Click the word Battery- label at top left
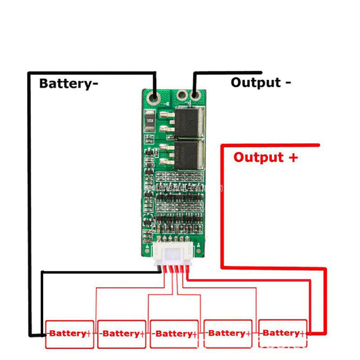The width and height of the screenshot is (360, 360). point(68,83)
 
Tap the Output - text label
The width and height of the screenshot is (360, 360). point(261,82)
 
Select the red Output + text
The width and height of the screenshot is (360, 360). point(265,157)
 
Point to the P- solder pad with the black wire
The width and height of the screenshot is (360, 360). point(195,95)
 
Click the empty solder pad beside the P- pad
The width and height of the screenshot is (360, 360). point(182,95)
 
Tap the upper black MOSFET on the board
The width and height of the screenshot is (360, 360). point(189,120)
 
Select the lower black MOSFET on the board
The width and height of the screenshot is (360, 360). point(189,153)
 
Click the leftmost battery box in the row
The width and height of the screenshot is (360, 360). point(69,333)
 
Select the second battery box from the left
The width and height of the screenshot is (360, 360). point(121,333)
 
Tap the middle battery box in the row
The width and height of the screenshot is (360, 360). point(174,333)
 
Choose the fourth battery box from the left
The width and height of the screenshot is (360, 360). point(228,333)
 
